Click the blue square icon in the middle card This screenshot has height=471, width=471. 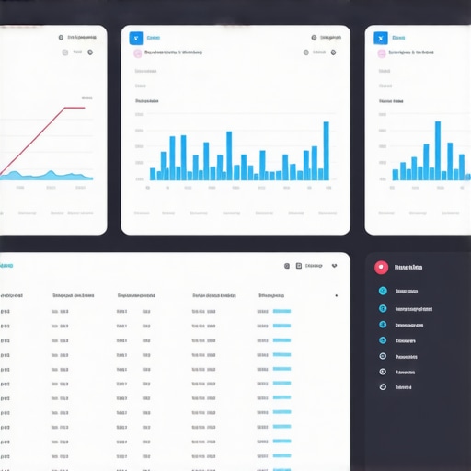[136, 38]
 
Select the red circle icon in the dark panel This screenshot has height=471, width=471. [382, 268]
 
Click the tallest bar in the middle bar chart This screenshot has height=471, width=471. [326, 150]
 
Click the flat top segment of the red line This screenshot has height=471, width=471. [74, 108]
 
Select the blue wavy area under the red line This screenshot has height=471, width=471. [46, 176]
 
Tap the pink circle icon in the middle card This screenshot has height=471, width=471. [137, 53]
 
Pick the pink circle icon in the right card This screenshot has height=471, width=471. [381, 53]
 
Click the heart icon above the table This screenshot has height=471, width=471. [334, 266]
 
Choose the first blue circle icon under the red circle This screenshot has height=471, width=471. [383, 292]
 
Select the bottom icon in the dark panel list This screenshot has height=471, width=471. [383, 387]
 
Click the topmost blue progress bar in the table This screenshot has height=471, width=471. [281, 312]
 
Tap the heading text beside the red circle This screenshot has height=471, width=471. [408, 268]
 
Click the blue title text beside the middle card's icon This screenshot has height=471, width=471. [153, 38]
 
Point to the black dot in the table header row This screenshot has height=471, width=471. [336, 296]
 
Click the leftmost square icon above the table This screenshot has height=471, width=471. [286, 266]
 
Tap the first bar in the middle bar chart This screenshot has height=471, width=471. [153, 173]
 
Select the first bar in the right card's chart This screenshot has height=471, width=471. [396, 174]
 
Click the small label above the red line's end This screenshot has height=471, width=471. [86, 97]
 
